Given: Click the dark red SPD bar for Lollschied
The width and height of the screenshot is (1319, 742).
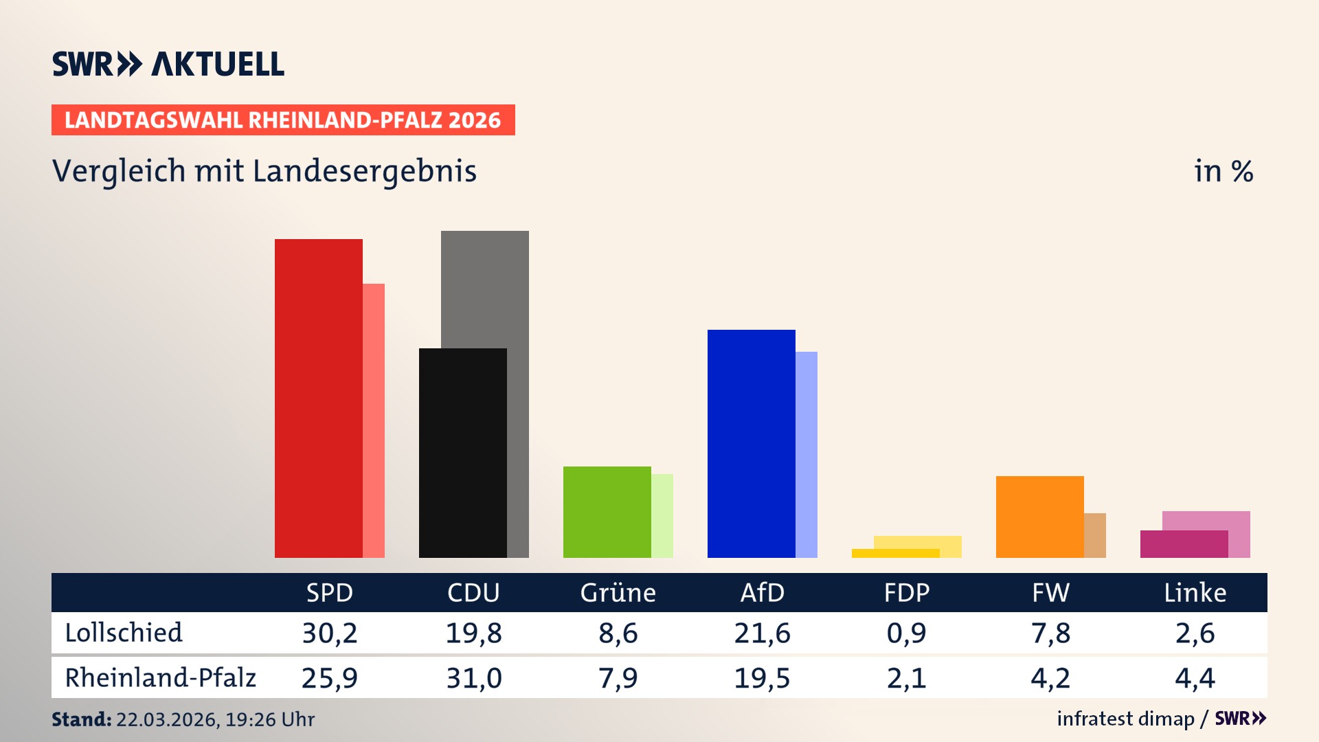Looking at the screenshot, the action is click(318, 398).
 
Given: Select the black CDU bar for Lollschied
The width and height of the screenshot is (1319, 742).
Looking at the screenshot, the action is click(462, 453).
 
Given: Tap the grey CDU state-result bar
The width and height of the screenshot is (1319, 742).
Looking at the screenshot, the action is click(485, 289).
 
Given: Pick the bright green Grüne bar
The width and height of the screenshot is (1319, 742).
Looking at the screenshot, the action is click(607, 512).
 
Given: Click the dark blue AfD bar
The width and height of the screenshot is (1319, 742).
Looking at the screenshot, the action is click(751, 443).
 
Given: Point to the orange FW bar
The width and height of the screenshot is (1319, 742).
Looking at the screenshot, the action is click(1039, 517).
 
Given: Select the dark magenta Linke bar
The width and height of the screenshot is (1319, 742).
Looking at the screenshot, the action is click(1184, 544).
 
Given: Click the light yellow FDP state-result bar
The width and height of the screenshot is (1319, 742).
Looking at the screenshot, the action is click(918, 542).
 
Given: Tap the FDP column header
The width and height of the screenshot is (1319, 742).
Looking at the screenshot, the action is click(906, 592).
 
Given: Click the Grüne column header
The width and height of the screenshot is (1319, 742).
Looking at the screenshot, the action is click(618, 592).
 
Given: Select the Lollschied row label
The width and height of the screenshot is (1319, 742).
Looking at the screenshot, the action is click(124, 633).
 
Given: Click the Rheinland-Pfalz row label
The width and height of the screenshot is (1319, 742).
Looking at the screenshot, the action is click(160, 678).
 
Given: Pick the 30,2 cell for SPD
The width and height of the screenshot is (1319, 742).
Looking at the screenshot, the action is click(330, 633).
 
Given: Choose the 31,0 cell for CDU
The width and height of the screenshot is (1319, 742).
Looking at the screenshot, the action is click(474, 678).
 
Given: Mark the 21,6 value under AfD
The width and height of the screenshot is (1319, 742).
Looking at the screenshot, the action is click(762, 633).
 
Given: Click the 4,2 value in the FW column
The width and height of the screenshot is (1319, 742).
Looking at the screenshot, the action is click(1050, 678).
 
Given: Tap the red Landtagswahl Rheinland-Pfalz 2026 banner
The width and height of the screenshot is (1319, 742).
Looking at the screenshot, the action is click(283, 120).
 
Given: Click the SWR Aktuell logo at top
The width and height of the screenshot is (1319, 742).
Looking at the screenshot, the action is click(168, 65).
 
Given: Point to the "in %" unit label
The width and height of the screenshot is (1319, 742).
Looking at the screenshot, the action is click(1223, 171).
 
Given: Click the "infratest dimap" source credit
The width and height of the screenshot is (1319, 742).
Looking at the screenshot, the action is click(1125, 719).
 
